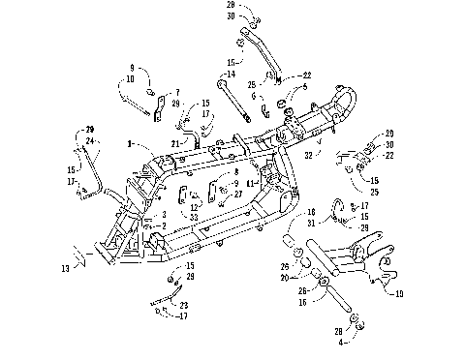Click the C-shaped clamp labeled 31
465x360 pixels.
tap(337, 209)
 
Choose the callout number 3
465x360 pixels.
tap(165, 214)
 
